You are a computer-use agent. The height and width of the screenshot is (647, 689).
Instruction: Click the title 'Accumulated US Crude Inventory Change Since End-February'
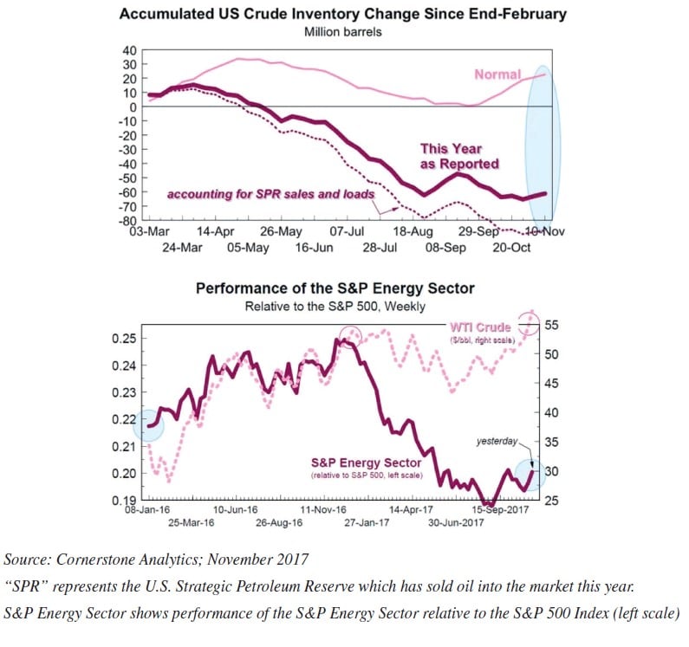[342, 14]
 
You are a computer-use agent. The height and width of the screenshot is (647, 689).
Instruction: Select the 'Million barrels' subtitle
[343, 32]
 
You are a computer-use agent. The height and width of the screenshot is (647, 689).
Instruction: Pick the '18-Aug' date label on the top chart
[413, 232]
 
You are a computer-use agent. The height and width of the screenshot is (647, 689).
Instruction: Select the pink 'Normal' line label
[497, 74]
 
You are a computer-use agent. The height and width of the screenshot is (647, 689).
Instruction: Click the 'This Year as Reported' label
[459, 156]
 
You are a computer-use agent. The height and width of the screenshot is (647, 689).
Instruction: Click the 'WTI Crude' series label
[480, 327]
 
